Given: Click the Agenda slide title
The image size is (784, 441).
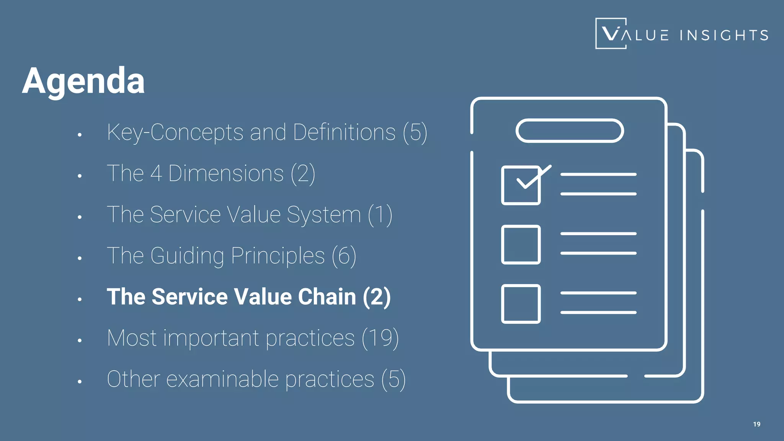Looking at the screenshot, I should [x=83, y=81].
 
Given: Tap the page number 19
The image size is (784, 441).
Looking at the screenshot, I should [x=756, y=424].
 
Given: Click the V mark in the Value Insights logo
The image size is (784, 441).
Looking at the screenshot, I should [x=611, y=33].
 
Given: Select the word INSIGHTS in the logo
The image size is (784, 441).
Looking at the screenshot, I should [x=724, y=36].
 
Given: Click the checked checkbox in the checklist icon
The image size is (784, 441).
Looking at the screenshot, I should [x=521, y=185].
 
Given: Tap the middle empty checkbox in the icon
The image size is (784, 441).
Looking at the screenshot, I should [x=521, y=245].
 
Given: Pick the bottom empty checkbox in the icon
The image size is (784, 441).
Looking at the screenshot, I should [x=521, y=304].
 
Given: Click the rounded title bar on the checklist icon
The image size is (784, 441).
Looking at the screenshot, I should [x=570, y=131].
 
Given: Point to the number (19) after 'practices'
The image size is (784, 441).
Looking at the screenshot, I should [x=380, y=338].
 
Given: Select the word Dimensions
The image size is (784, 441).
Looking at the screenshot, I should [x=226, y=173].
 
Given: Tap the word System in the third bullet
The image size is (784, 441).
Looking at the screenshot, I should [x=323, y=215].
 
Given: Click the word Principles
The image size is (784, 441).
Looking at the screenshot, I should [x=278, y=256].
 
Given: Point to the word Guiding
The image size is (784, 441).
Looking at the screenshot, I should [x=187, y=256].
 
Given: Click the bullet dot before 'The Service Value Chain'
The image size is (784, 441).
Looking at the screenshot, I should [x=80, y=299].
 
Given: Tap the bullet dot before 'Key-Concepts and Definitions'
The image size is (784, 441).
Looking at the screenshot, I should [x=80, y=135].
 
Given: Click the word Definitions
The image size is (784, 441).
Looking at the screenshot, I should [x=344, y=132].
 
